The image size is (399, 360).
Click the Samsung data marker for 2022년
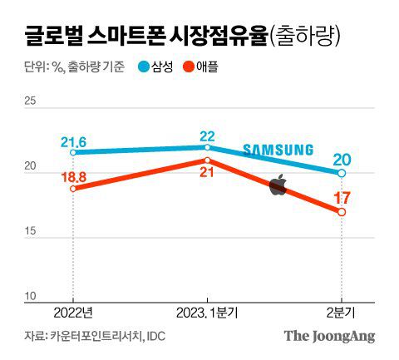(x=72, y=152)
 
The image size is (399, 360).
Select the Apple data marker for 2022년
(x=72, y=189)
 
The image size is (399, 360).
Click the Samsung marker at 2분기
(x=342, y=173)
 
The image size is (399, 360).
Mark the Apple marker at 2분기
(x=342, y=211)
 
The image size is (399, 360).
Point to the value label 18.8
(x=74, y=175)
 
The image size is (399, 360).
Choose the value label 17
(x=342, y=198)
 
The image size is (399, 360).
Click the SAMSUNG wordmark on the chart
(x=278, y=150)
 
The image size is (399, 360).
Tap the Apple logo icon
(x=278, y=185)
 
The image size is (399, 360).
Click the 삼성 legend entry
(x=162, y=67)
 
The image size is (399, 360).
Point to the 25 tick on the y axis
(x=31, y=102)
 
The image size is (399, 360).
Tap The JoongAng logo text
(x=330, y=337)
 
